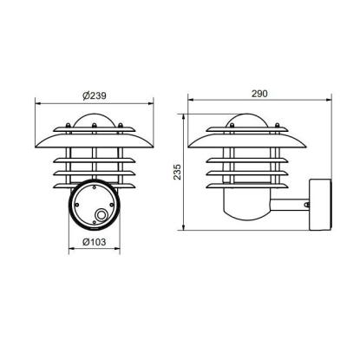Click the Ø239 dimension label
95,95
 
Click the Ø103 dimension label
95,242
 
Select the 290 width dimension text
259,94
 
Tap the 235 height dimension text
177,172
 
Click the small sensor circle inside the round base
101,215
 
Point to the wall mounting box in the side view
320,205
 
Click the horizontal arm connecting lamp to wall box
290,205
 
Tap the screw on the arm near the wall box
306,205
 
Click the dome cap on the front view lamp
94,120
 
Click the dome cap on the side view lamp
247,120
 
